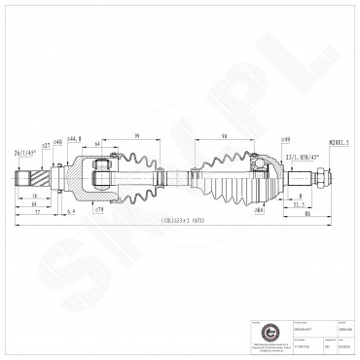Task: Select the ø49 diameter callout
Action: (260, 139)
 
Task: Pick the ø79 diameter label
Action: (99, 209)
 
